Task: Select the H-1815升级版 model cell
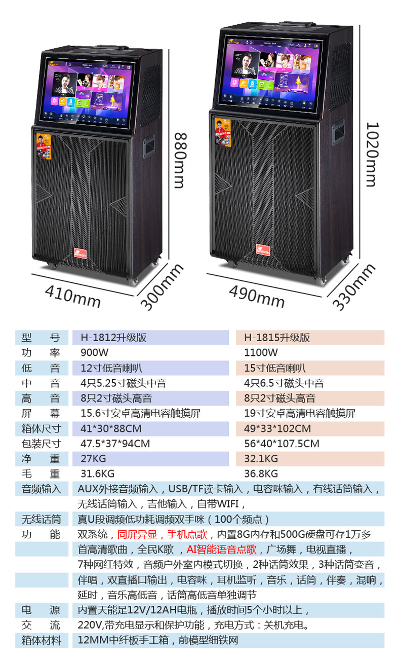click(x=277, y=338)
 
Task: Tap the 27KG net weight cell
click(x=92, y=459)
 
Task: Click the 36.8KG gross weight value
click(x=261, y=474)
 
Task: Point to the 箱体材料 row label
click(x=41, y=640)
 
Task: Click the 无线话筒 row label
click(x=41, y=519)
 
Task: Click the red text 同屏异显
click(x=137, y=534)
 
